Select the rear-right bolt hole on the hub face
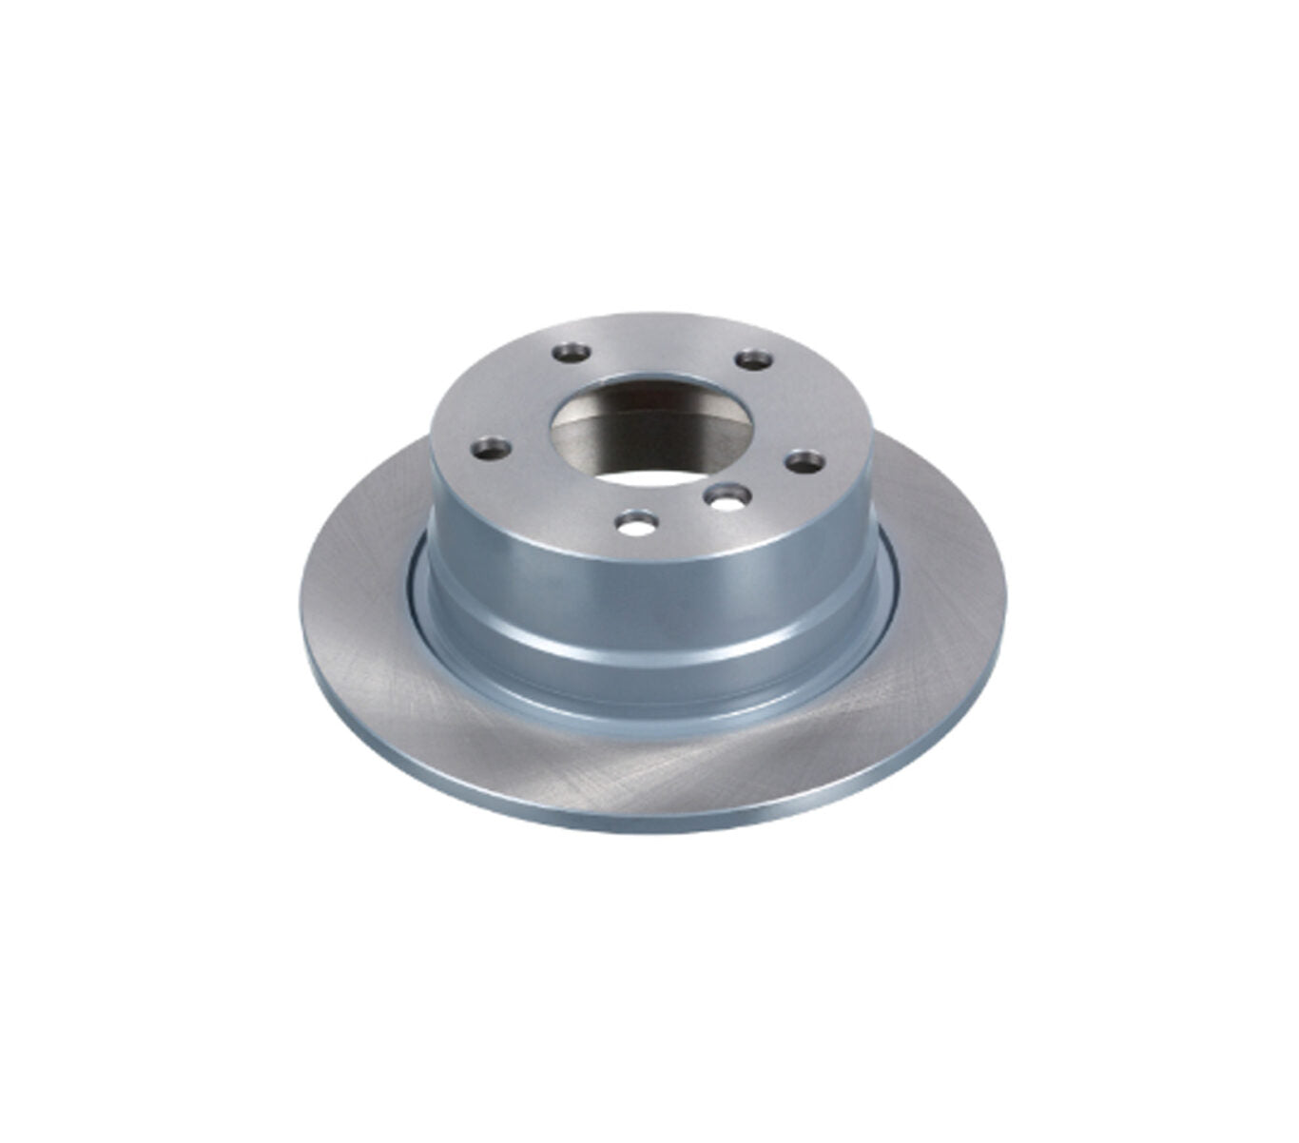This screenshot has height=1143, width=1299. (x=754, y=360)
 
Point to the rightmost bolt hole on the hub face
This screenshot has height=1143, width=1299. (x=805, y=461)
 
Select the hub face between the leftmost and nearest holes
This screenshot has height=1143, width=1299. (x=552, y=494)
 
